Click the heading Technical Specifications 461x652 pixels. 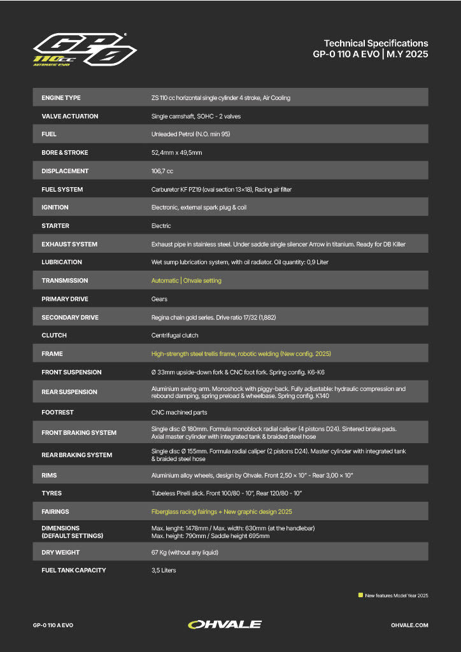(376, 43)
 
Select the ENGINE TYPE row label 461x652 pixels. (61, 98)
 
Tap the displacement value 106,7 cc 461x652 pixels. (162, 171)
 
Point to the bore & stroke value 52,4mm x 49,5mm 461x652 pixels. (176, 153)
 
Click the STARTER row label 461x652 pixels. (55, 226)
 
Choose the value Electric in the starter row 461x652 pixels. (161, 226)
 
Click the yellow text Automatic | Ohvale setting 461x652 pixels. (186, 281)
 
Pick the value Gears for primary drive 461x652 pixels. (159, 299)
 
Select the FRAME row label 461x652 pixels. (52, 354)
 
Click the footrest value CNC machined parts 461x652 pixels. (180, 413)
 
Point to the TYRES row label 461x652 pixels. (52, 493)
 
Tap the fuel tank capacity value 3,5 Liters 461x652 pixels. (164, 570)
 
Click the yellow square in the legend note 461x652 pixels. (360, 595)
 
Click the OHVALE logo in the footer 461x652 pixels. (225, 625)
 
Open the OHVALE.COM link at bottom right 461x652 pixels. (409, 625)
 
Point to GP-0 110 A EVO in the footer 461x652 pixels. (53, 625)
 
